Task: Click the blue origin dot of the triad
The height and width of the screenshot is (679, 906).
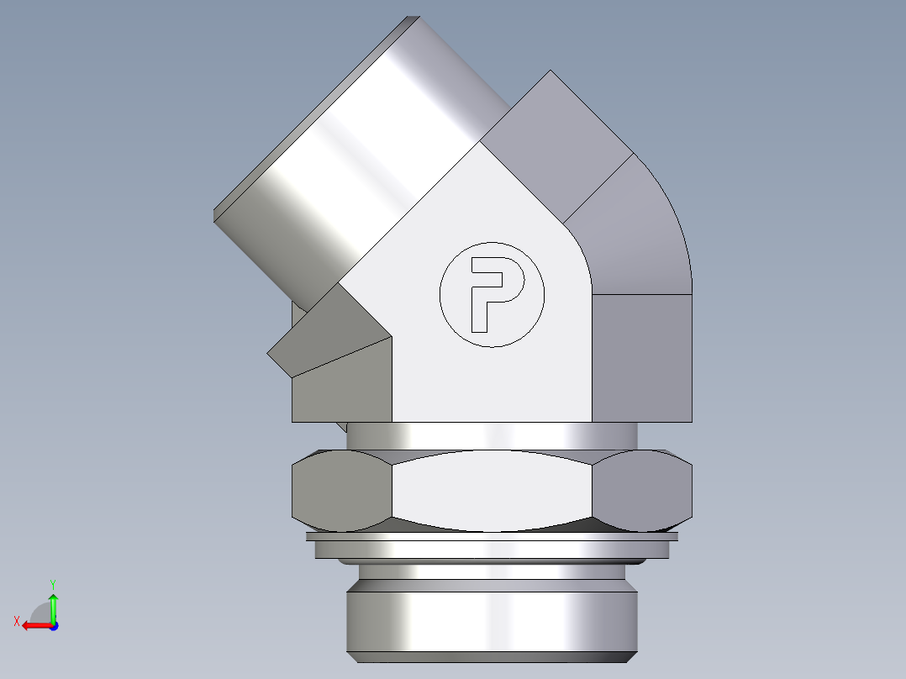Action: click(x=53, y=626)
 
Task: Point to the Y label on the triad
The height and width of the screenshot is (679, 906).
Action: click(x=52, y=582)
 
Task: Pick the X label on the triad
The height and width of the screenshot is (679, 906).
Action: click(x=16, y=621)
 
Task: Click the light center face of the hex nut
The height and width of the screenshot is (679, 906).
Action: click(x=492, y=492)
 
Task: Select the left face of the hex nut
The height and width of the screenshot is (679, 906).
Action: click(x=340, y=492)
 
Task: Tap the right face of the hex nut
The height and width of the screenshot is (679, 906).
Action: click(x=643, y=492)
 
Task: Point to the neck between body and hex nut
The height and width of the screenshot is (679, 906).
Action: click(x=492, y=434)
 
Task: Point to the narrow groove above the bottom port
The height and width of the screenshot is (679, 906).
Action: click(x=492, y=576)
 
